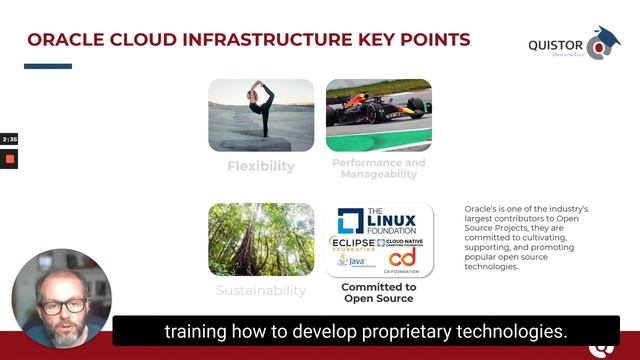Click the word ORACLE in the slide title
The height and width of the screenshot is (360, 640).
click(66, 40)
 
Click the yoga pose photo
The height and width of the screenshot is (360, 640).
click(261, 115)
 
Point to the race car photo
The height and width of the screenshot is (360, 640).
click(379, 115)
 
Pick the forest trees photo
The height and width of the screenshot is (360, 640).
click(261, 240)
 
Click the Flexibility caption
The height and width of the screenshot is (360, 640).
click(261, 166)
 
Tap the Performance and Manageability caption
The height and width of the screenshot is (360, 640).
click(379, 168)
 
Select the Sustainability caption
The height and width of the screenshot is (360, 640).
click(261, 291)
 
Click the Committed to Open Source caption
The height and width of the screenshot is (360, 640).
click(379, 292)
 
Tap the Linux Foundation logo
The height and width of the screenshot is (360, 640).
click(379, 220)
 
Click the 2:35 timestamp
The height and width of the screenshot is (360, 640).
click(9, 139)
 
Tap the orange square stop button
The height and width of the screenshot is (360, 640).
click(10, 159)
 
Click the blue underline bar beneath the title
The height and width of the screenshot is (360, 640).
click(48, 66)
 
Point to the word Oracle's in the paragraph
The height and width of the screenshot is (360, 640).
click(482, 208)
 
